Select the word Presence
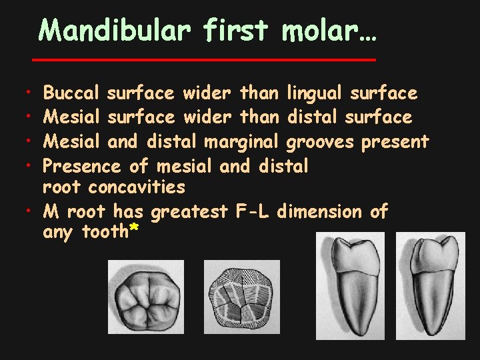point(81,165)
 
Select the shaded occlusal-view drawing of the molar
point(145,296)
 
